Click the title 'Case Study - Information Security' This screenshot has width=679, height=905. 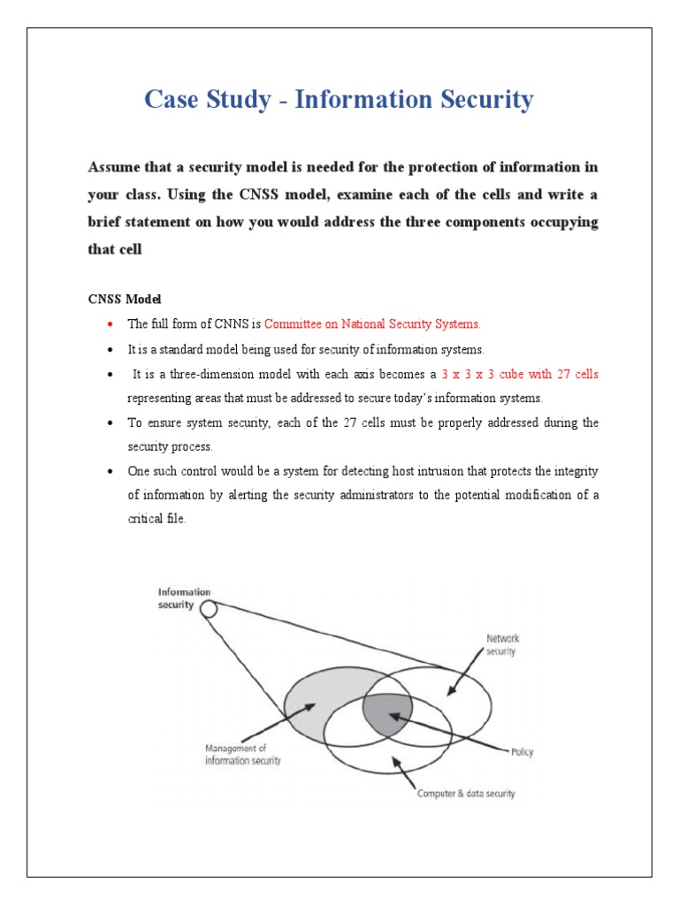pyautogui.click(x=339, y=100)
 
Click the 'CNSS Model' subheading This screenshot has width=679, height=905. pyautogui.click(x=123, y=300)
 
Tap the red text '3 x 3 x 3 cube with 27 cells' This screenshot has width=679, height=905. pyautogui.click(x=520, y=374)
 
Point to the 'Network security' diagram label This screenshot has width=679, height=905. pyautogui.click(x=502, y=644)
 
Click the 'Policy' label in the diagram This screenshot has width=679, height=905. pyautogui.click(x=522, y=753)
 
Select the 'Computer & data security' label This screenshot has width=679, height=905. pyautogui.click(x=466, y=793)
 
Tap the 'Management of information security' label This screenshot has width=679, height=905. pyautogui.click(x=242, y=755)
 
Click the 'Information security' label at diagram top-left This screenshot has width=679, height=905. pyautogui.click(x=184, y=598)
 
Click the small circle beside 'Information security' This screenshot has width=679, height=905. pyautogui.click(x=209, y=609)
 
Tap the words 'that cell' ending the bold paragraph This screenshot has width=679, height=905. pyautogui.click(x=115, y=249)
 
